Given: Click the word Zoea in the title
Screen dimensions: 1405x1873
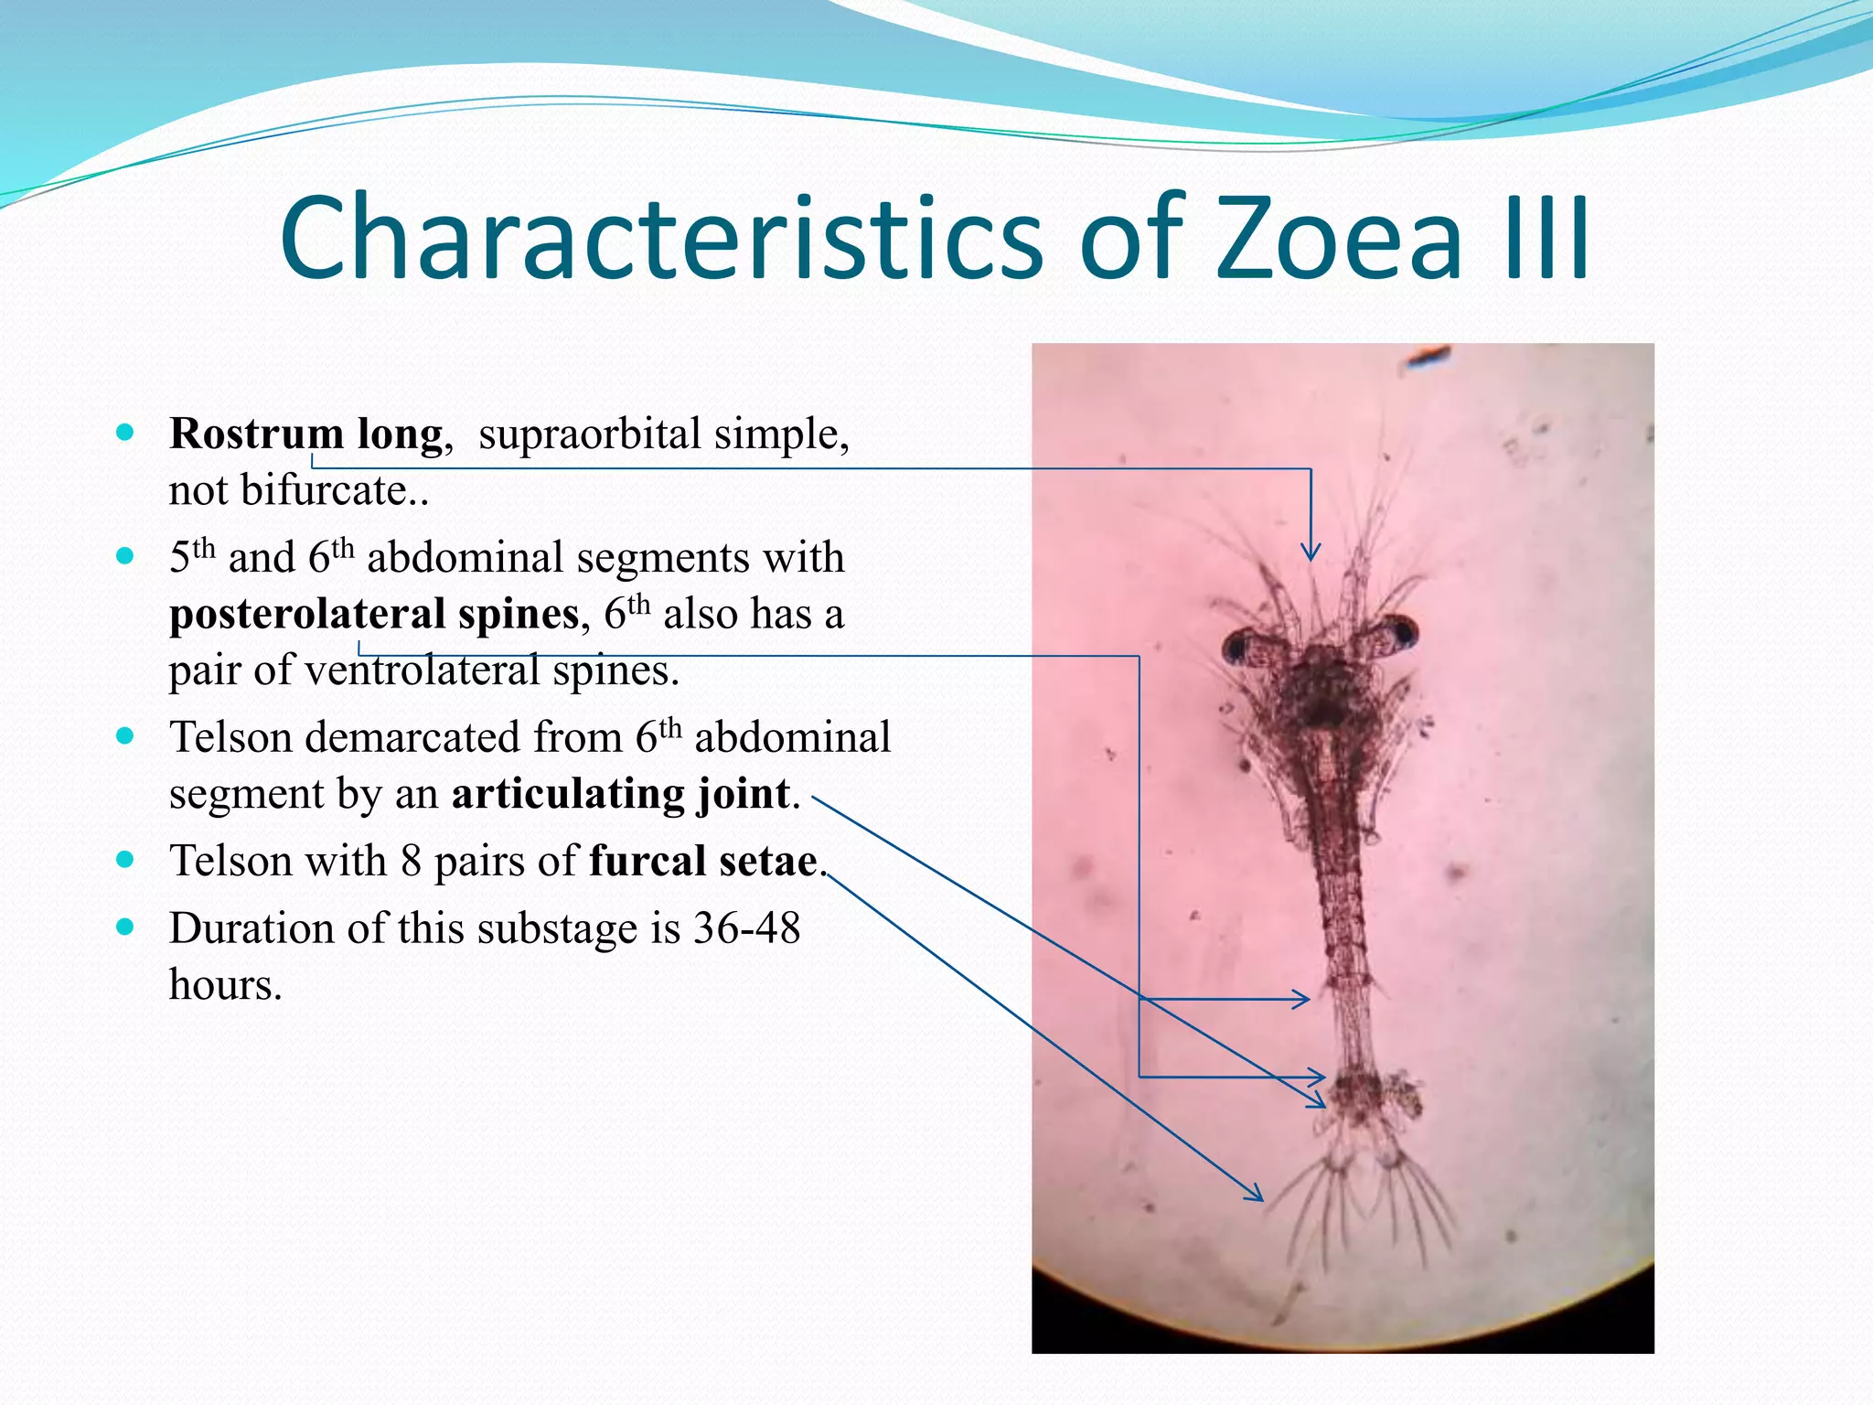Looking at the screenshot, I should pos(1339,240).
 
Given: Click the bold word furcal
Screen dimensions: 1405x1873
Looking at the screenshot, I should pos(646,861).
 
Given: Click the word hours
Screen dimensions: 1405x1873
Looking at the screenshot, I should pos(225,985).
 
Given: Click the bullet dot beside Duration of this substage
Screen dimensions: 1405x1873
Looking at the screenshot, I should pos(126,927).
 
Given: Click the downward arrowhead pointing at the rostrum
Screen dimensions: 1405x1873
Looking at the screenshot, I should pos(1311,552).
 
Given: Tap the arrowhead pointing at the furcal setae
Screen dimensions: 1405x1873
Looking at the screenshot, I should pos(1255,1193).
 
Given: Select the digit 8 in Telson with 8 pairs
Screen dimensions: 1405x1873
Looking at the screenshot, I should pos(411,861).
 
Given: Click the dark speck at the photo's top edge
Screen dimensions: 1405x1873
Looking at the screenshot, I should pos(1427,356).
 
